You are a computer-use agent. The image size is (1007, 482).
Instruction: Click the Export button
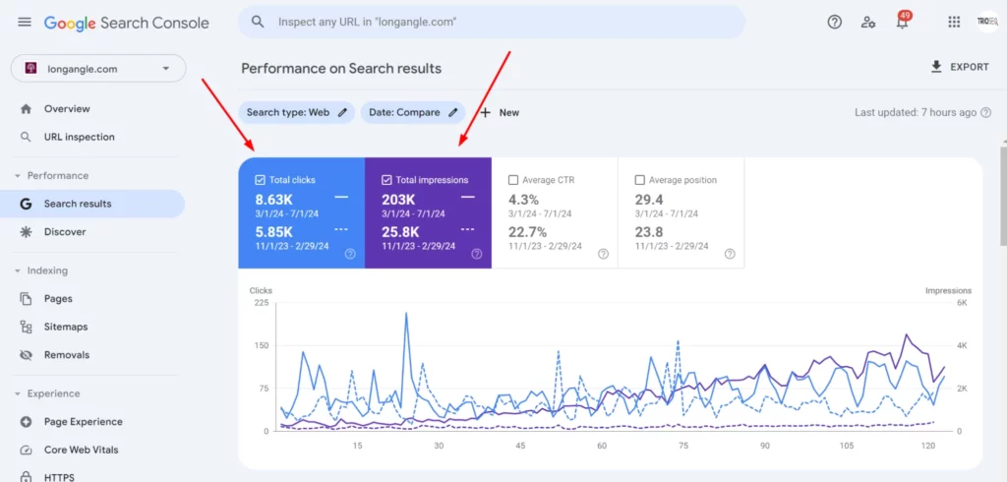(x=960, y=67)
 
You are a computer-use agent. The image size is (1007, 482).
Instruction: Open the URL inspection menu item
(x=79, y=137)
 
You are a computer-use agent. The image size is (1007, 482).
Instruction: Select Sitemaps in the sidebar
(x=66, y=327)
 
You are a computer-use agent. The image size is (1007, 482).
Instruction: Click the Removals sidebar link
(x=66, y=355)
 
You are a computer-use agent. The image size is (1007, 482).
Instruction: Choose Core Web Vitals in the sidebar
(x=81, y=450)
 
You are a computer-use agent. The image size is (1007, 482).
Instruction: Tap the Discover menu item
(x=65, y=232)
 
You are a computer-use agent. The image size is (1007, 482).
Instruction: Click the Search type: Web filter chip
(x=296, y=112)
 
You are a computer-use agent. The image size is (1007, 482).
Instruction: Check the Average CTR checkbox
(x=513, y=180)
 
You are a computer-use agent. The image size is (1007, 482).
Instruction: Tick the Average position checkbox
(x=640, y=180)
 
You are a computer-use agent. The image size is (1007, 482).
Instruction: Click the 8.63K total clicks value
(x=274, y=200)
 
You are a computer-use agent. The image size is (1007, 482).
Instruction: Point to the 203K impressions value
(x=399, y=200)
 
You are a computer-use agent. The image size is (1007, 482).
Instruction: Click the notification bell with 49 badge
(x=902, y=22)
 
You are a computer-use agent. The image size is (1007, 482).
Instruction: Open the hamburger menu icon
(x=25, y=22)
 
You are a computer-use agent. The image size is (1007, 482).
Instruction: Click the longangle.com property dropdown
(x=97, y=69)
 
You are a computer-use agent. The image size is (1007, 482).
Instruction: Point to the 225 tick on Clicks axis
(x=261, y=303)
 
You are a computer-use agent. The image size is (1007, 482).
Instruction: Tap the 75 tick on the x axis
(x=682, y=446)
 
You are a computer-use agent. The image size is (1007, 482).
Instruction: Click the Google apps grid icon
(x=953, y=22)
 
